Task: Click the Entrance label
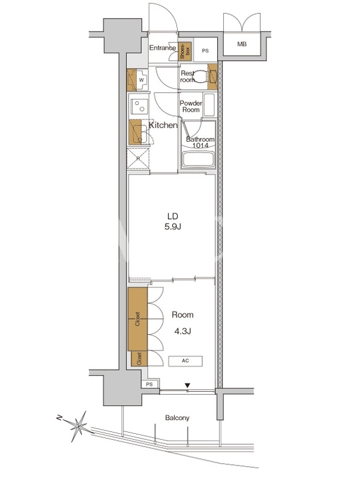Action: tap(163, 48)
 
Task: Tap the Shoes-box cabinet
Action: tap(185, 51)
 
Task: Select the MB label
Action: tap(242, 44)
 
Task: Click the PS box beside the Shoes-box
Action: tap(205, 50)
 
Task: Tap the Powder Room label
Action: tap(191, 107)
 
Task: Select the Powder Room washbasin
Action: tap(209, 104)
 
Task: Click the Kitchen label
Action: tap(163, 125)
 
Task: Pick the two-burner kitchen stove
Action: tap(139, 106)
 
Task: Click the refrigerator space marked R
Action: tap(138, 158)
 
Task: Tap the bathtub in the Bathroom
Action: tap(199, 160)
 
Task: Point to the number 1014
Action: tap(200, 146)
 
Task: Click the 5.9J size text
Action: tap(173, 227)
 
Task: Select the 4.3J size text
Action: tap(183, 331)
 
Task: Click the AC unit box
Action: tap(185, 361)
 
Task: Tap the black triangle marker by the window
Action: tap(187, 385)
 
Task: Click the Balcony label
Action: tap(177, 418)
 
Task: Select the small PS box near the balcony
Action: tap(149, 384)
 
